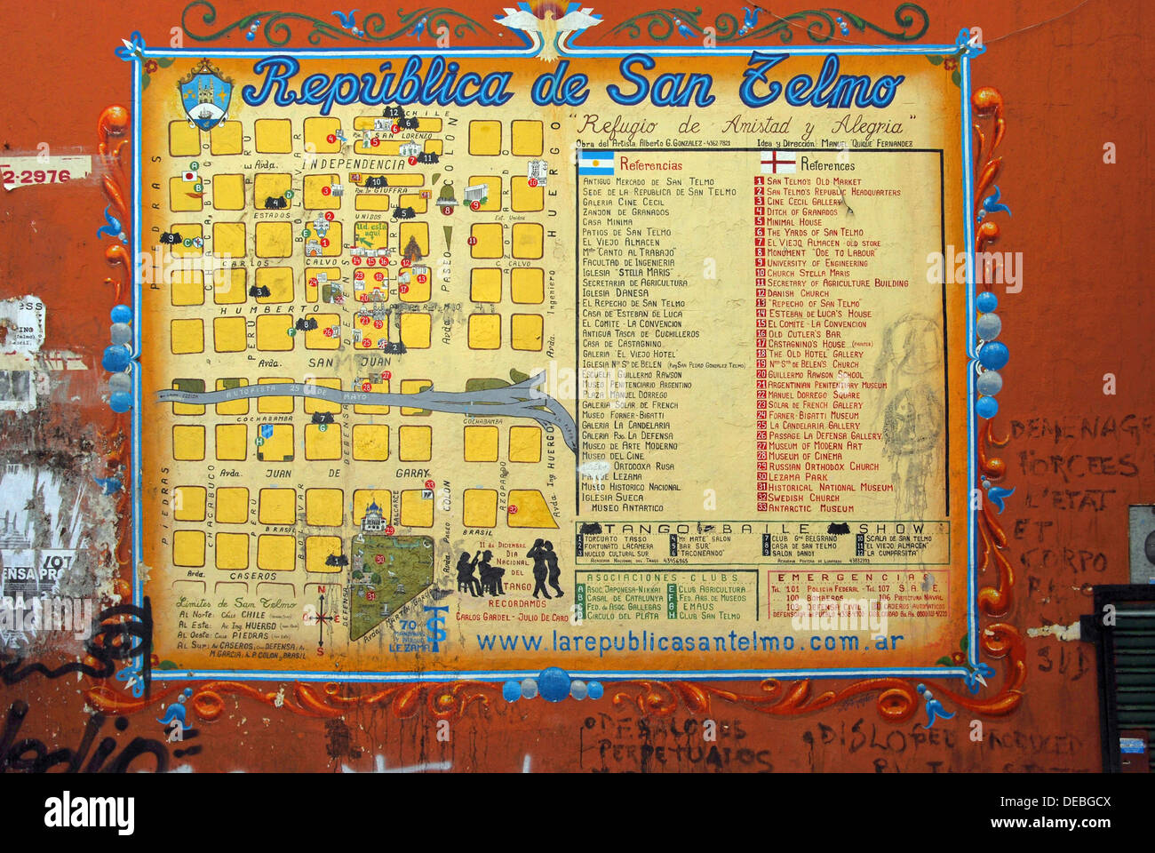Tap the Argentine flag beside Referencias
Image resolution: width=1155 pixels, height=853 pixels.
click(x=596, y=163)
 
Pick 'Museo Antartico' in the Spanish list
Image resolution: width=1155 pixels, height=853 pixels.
click(x=626, y=508)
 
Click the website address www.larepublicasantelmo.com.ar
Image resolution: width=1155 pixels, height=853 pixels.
click(x=689, y=641)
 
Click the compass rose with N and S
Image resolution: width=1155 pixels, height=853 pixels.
click(x=320, y=618)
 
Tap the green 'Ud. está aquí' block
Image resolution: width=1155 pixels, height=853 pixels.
click(x=370, y=235)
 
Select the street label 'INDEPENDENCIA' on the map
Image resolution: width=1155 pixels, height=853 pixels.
click(x=352, y=164)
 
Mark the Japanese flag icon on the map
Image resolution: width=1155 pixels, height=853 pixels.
click(x=188, y=176)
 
